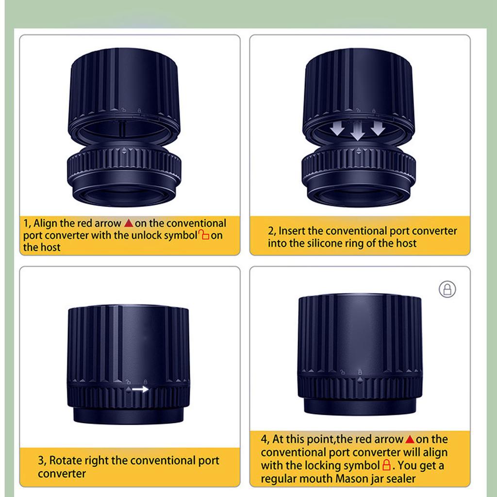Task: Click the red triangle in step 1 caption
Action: [x=128, y=223]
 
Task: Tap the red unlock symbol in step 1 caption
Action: [x=204, y=235]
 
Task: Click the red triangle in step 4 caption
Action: [x=410, y=439]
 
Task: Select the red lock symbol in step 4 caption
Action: [x=386, y=465]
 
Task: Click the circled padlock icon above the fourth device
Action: [x=447, y=289]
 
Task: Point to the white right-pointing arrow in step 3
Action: [x=140, y=389]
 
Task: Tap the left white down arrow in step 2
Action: [x=337, y=128]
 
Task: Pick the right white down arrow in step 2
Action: [x=378, y=128]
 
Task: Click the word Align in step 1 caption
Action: [x=45, y=223]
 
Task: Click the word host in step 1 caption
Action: [x=50, y=247]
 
